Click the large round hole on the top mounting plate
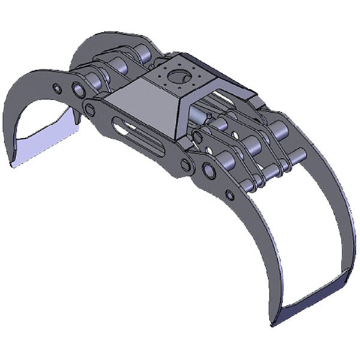tap(178, 76)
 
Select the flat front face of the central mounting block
tap(139, 102)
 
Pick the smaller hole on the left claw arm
tap(56, 89)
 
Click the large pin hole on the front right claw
tap(209, 170)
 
